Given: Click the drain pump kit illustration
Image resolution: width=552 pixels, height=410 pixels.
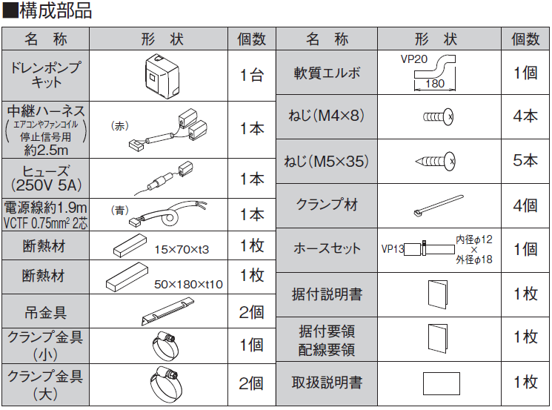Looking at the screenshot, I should point(164,74).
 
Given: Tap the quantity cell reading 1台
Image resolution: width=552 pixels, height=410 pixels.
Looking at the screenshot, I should point(251,75).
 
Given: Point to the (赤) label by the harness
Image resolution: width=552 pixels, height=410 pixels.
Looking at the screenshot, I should point(119,126).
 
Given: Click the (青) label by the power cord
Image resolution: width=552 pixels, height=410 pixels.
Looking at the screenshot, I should point(119,211).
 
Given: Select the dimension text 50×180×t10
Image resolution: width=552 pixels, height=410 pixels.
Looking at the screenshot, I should point(187,285).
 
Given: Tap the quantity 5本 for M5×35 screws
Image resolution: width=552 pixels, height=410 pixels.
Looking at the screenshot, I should point(525,159).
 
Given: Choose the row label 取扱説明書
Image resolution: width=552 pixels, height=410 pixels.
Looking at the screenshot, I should point(327,383).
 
